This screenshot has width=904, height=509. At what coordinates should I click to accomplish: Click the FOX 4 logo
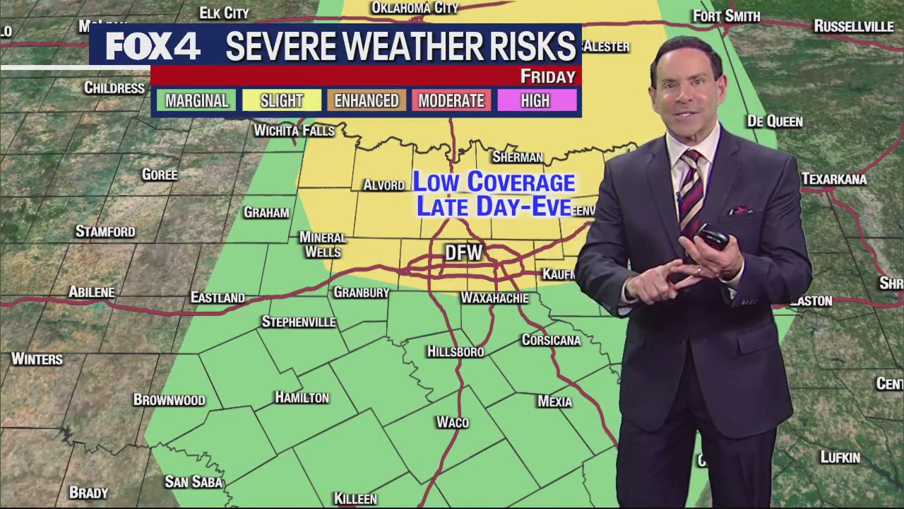pyautogui.click(x=153, y=47)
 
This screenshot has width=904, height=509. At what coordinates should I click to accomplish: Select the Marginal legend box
pyautogui.click(x=196, y=101)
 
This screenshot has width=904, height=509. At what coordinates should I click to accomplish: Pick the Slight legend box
pyautogui.click(x=281, y=101)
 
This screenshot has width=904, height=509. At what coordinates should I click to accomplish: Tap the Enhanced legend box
pyautogui.click(x=366, y=101)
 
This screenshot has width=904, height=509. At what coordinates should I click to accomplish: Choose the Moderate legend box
pyautogui.click(x=451, y=101)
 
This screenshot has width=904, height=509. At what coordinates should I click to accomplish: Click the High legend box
pyautogui.click(x=535, y=101)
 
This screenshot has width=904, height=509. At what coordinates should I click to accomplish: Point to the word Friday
pyautogui.click(x=547, y=76)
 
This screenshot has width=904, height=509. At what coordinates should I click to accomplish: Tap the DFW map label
pyautogui.click(x=463, y=253)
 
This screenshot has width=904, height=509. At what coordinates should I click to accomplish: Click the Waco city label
pyautogui.click(x=452, y=422)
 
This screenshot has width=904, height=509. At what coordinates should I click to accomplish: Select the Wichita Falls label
pyautogui.click(x=294, y=131)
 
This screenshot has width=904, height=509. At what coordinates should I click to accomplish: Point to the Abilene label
pyautogui.click(x=92, y=292)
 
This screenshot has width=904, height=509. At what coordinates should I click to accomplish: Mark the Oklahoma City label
pyautogui.click(x=415, y=8)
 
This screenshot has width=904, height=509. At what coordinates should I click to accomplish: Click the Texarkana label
pyautogui.click(x=834, y=180)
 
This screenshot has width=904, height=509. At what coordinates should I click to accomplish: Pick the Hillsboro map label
pyautogui.click(x=456, y=351)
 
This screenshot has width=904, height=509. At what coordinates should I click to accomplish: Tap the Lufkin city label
pyautogui.click(x=840, y=457)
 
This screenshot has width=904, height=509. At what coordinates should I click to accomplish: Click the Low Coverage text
pyautogui.click(x=494, y=182)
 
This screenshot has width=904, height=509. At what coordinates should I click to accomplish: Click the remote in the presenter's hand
pyautogui.click(x=713, y=237)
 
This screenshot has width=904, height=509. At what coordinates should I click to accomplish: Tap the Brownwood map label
pyautogui.click(x=169, y=400)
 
